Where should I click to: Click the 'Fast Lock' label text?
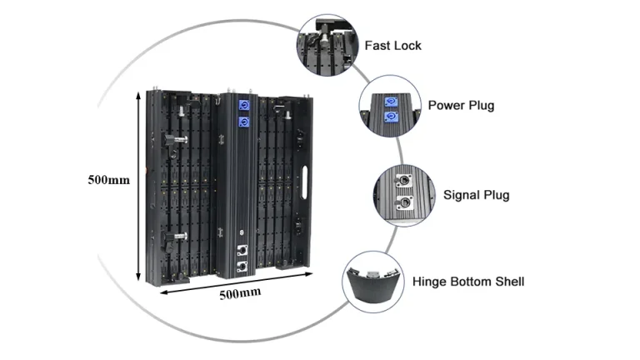392,45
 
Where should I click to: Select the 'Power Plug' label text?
461,106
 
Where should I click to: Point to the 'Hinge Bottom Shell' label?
468,282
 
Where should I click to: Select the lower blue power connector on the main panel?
245,122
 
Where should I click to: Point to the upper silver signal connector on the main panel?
244,249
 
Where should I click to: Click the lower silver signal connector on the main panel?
244,266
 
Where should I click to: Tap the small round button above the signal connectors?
243,232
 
